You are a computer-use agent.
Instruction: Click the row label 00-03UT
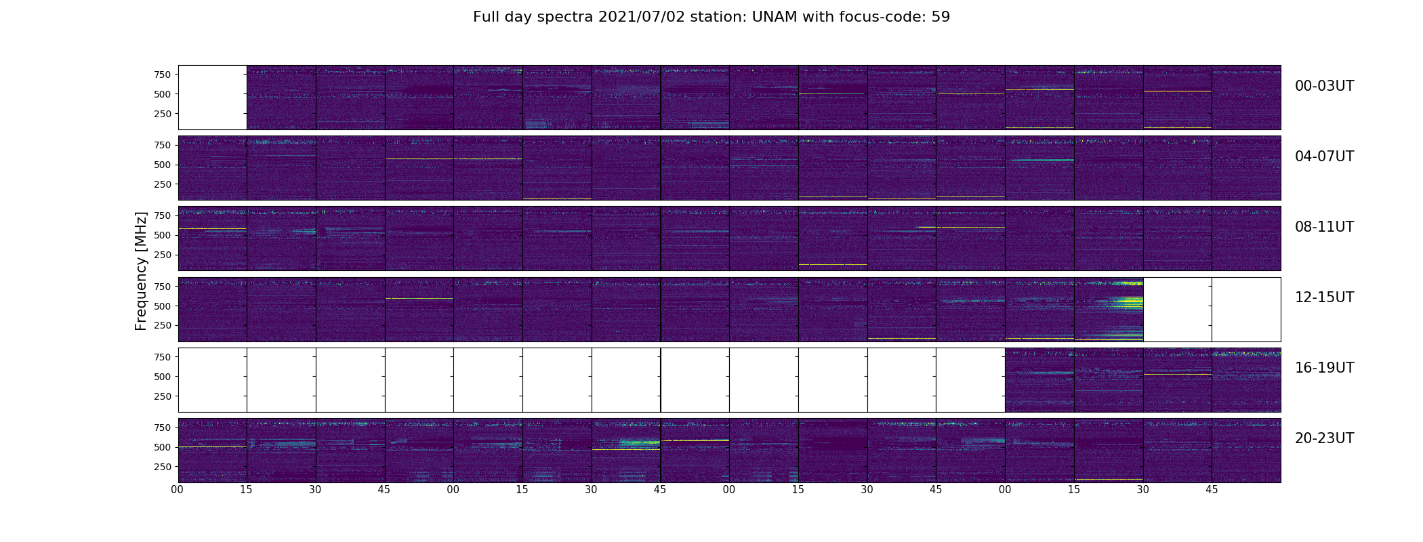coord(1324,86)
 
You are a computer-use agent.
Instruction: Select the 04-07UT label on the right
coord(1324,157)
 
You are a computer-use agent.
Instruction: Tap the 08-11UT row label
coord(1324,227)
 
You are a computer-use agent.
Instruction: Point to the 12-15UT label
coord(1324,297)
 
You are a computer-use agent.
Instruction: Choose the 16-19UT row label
coord(1324,368)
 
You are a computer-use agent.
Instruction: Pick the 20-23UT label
coord(1324,438)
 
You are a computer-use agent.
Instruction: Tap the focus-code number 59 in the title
coord(941,17)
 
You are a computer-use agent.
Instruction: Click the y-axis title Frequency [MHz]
coord(141,271)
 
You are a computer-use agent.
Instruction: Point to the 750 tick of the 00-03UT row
coord(162,75)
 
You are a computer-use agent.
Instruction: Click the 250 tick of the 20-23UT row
coord(162,467)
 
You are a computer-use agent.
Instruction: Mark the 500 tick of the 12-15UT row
coord(162,306)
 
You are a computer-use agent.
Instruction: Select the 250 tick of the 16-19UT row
coord(162,396)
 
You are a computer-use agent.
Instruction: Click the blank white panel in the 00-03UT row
coord(213,98)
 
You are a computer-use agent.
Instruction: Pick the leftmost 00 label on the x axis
coord(178,490)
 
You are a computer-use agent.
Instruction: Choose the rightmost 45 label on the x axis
coord(1212,490)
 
